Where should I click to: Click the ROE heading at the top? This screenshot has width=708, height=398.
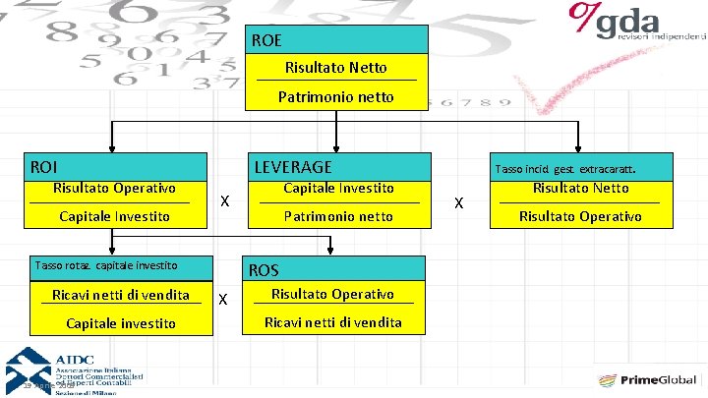(x=266, y=40)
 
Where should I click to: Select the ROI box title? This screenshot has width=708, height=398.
(x=44, y=167)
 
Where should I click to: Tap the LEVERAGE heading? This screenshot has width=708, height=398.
(x=293, y=167)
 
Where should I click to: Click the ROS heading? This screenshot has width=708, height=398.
(x=264, y=270)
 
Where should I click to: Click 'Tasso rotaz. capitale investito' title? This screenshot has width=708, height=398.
(x=105, y=264)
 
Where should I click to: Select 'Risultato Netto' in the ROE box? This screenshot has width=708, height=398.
(x=335, y=68)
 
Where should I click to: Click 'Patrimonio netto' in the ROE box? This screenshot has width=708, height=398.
(x=335, y=96)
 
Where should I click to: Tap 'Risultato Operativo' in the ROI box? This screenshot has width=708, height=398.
(x=114, y=188)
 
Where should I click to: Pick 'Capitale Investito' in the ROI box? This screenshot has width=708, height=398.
(x=114, y=216)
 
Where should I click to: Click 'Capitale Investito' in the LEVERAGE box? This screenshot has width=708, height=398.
(x=338, y=188)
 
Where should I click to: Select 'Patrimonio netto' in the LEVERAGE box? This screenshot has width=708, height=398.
(x=338, y=216)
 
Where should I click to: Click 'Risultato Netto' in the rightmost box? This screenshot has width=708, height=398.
(x=580, y=188)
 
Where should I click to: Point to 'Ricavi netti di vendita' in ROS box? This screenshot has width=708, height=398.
(x=333, y=322)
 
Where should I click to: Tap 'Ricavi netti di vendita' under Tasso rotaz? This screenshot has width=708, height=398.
(x=121, y=295)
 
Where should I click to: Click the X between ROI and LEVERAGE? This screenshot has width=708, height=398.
(x=225, y=201)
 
